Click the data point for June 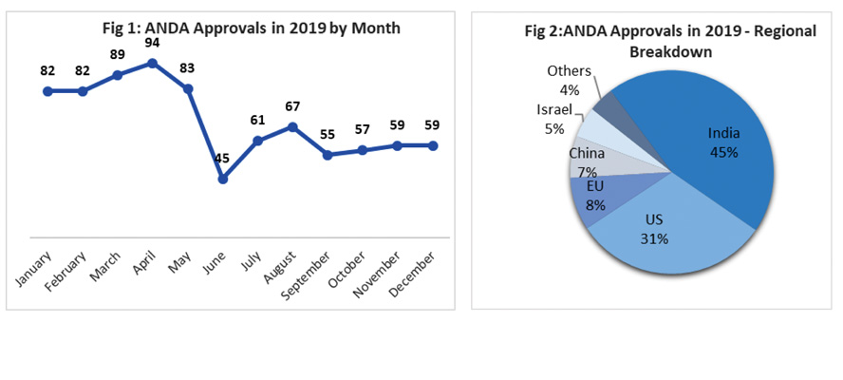222,179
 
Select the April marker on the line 152,63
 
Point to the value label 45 222,159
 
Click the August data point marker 292,126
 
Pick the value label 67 292,106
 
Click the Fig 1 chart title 251,28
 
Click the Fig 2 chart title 669,40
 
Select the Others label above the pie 569,71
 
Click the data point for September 328,155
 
